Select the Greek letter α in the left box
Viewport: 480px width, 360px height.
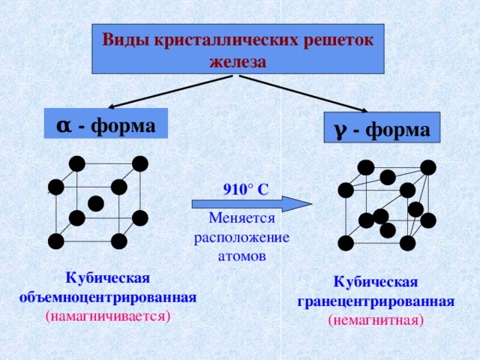click(64, 123)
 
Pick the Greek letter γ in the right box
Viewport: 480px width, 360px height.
click(340, 129)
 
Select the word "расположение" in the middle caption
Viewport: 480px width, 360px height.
click(241, 237)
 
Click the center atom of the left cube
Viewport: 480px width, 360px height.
click(95, 203)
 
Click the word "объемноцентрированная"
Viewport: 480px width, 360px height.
click(108, 297)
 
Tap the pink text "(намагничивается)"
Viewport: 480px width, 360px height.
click(108, 316)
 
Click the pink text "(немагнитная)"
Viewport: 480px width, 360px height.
click(376, 320)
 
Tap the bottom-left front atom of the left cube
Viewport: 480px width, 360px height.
click(55, 241)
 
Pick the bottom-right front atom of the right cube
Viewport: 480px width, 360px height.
click(407, 243)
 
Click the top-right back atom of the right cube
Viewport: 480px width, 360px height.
click(428, 167)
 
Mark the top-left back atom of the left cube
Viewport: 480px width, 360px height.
click(76, 163)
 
